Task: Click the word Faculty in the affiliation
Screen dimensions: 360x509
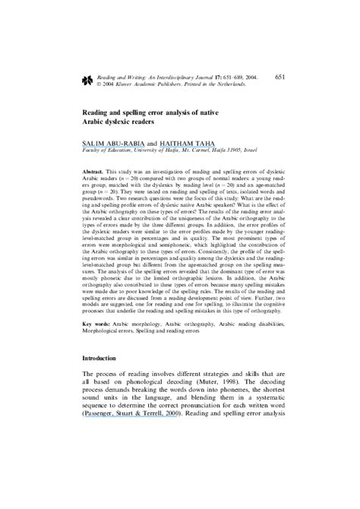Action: [94, 153]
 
